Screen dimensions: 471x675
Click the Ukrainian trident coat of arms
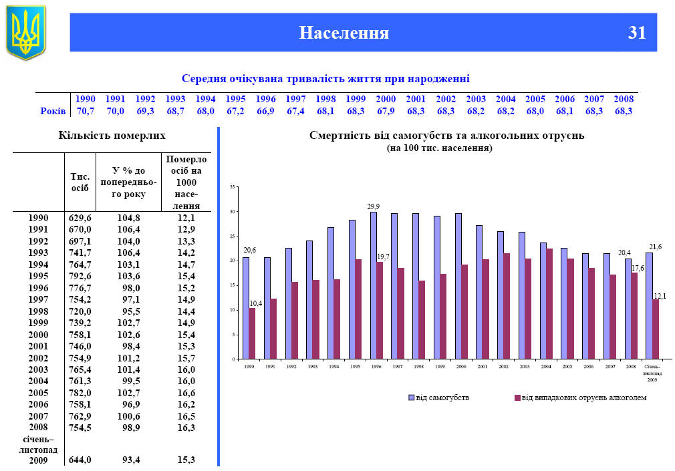(x=25, y=31)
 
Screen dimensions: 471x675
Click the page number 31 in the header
(x=636, y=32)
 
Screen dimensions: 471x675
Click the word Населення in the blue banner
(x=344, y=32)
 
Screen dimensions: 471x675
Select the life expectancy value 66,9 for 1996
(x=266, y=111)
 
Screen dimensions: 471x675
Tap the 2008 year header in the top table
(x=623, y=99)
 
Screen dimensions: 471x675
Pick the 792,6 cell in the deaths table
(x=80, y=275)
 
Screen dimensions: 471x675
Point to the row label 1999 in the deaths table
(x=39, y=323)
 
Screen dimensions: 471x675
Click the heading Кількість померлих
(x=112, y=136)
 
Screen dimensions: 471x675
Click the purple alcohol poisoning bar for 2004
(x=550, y=304)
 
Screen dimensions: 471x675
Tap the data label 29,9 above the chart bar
(x=373, y=207)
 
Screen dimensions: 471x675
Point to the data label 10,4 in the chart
(x=255, y=303)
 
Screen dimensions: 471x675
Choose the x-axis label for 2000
(x=461, y=367)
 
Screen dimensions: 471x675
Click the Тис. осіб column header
(x=80, y=182)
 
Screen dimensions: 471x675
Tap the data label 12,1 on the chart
(x=659, y=295)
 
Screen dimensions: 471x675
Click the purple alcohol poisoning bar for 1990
(x=252, y=333)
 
